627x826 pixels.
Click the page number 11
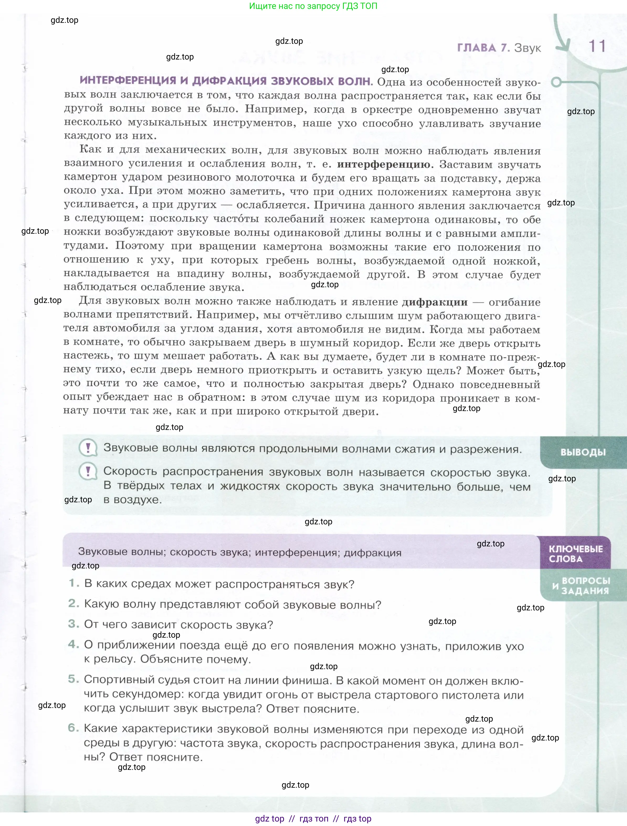pos(597,46)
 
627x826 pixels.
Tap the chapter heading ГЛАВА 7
pos(483,48)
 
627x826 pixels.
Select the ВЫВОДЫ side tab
pos(583,452)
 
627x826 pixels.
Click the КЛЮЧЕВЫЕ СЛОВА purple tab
pos(576,554)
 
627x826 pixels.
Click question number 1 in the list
pos(73,583)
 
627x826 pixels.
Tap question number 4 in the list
pos(73,644)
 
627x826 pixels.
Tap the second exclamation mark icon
pos(88,472)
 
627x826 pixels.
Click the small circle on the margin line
pos(556,82)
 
